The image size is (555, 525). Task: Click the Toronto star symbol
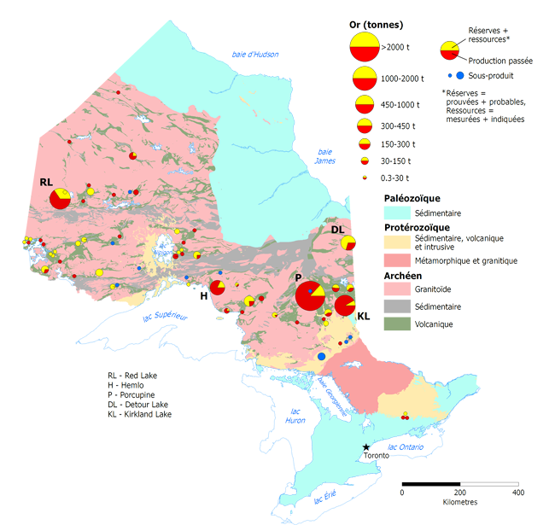pyautogui.click(x=366, y=446)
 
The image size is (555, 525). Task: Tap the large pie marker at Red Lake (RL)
pyautogui.click(x=61, y=199)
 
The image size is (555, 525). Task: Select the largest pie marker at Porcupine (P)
pyautogui.click(x=310, y=296)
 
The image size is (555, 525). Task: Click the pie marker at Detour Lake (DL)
pyautogui.click(x=348, y=243)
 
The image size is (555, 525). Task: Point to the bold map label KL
pyautogui.click(x=364, y=317)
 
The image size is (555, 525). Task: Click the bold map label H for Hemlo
pyautogui.click(x=204, y=296)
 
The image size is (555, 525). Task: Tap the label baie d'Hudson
pyautogui.click(x=255, y=55)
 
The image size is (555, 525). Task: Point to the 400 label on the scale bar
pyautogui.click(x=517, y=493)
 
